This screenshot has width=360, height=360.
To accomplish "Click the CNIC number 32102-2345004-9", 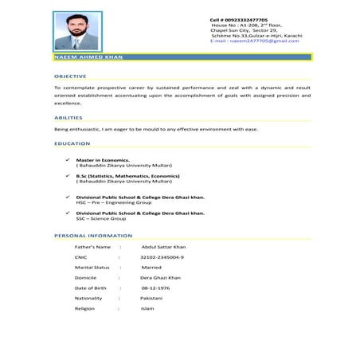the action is pyautogui.click(x=162, y=257).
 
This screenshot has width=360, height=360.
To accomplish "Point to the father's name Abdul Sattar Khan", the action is pyautogui.click(x=162, y=247).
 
